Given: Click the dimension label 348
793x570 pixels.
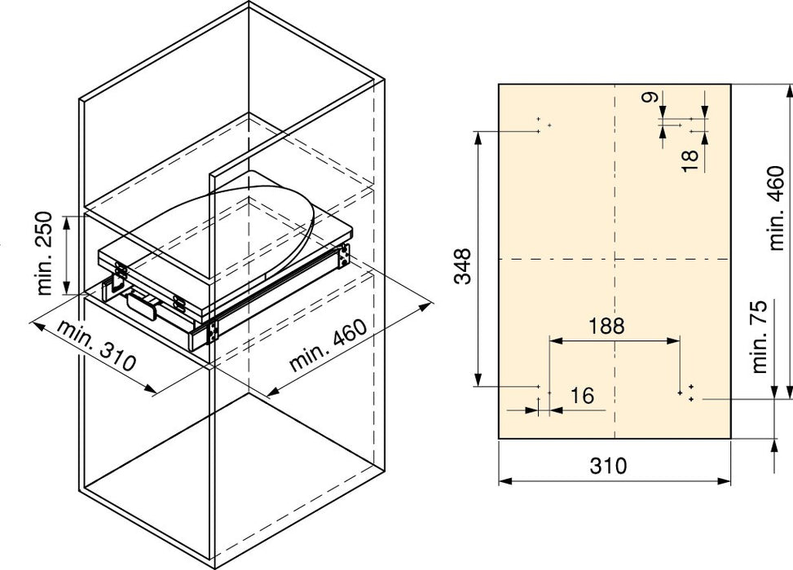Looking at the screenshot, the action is tap(462, 265).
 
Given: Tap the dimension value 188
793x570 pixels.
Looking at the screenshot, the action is tap(607, 326).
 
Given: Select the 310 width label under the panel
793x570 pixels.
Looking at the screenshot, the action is tap(609, 466).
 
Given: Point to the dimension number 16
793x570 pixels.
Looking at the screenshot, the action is tap(582, 396).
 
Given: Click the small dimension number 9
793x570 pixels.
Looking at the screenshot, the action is tap(650, 97).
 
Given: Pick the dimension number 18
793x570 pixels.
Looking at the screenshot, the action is tap(689, 160).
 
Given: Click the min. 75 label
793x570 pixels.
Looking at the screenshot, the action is tap(760, 337).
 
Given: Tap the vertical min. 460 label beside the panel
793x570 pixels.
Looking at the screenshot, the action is tap(777, 208).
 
